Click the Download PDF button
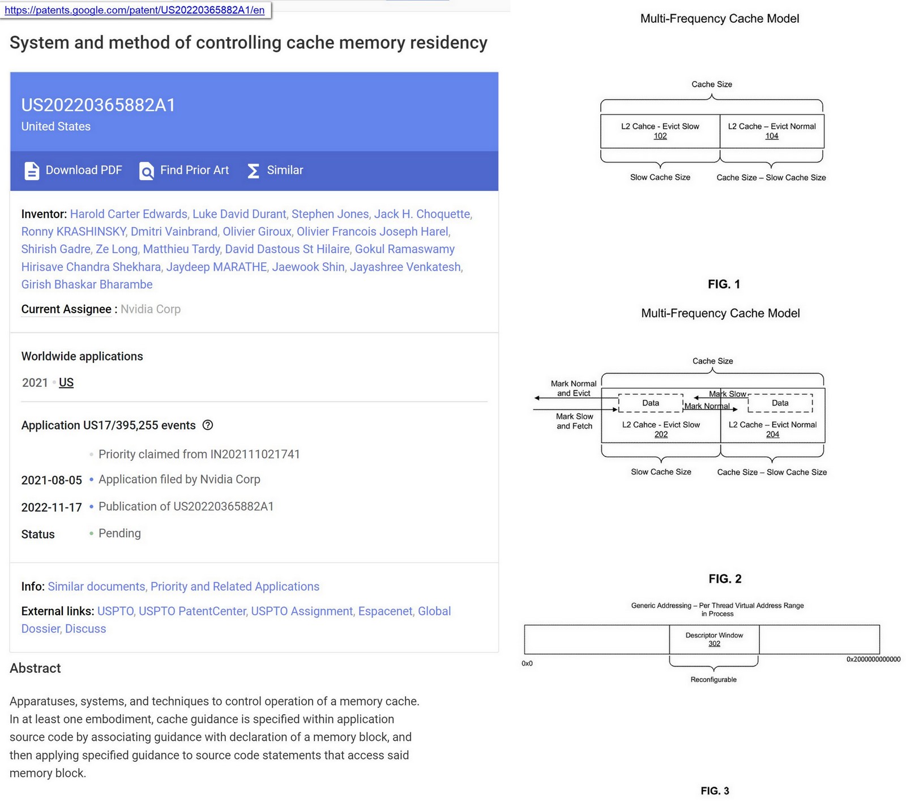click(x=73, y=170)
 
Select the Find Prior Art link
click(x=184, y=170)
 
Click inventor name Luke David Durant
click(x=239, y=214)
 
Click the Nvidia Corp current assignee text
click(x=151, y=309)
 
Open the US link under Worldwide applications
click(x=66, y=383)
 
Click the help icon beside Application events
click(x=208, y=425)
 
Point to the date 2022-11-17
click(x=52, y=507)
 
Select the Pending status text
click(x=119, y=534)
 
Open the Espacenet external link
click(x=385, y=612)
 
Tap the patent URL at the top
click(x=135, y=10)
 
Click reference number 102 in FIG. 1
click(x=660, y=136)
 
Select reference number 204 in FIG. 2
click(x=772, y=434)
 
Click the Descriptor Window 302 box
click(x=714, y=639)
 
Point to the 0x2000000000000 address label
click(x=873, y=659)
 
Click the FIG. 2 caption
click(x=725, y=579)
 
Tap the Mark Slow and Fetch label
click(x=574, y=421)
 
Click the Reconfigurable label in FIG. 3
click(x=713, y=680)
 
